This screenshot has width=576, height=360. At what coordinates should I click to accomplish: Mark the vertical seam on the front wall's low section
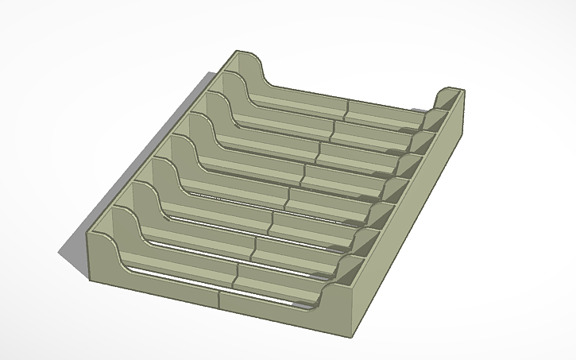click(218, 298)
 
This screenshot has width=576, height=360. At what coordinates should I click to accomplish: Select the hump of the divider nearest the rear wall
click(231, 79)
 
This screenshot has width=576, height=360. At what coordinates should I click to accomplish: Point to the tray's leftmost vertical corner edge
click(87, 254)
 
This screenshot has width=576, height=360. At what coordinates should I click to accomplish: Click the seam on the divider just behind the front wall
click(236, 275)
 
